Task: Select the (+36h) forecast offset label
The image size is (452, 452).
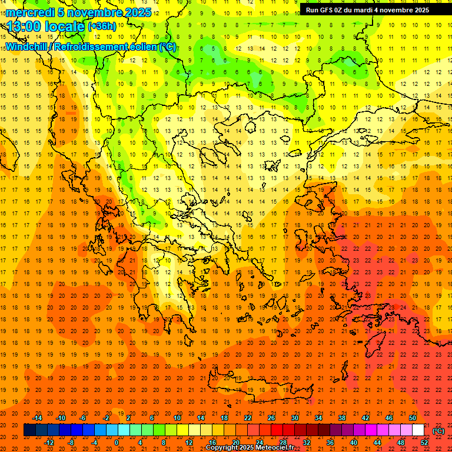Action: (102, 26)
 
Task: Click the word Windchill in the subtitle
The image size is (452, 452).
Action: (26, 46)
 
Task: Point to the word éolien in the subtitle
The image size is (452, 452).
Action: (140, 46)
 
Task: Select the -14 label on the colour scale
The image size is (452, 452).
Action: (37, 418)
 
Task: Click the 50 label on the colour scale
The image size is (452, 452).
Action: (413, 418)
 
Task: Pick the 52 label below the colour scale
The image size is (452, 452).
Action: (424, 443)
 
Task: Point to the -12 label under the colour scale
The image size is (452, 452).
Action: (49, 443)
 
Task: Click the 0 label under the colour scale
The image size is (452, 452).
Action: (116, 443)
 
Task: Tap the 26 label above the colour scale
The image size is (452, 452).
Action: (271, 418)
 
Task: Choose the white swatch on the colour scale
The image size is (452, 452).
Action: (418, 430)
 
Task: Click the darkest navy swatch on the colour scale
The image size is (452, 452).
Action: (30, 430)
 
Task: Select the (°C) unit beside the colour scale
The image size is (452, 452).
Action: (438, 431)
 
